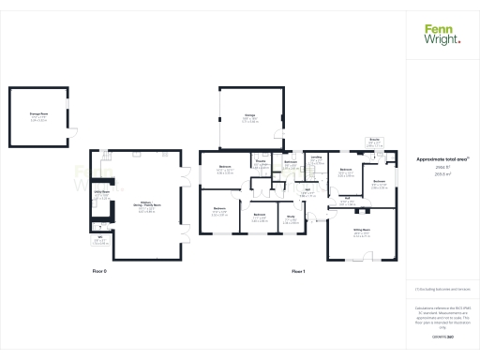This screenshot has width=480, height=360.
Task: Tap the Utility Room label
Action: [102, 193]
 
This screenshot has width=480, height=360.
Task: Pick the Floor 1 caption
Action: [298, 270]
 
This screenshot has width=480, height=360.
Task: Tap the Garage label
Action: [250, 116]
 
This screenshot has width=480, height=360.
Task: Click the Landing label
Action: [317, 158]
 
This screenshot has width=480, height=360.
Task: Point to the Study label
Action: [292, 218]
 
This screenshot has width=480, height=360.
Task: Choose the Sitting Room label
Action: [360, 229]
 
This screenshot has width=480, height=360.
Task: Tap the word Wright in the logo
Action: [442, 39]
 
